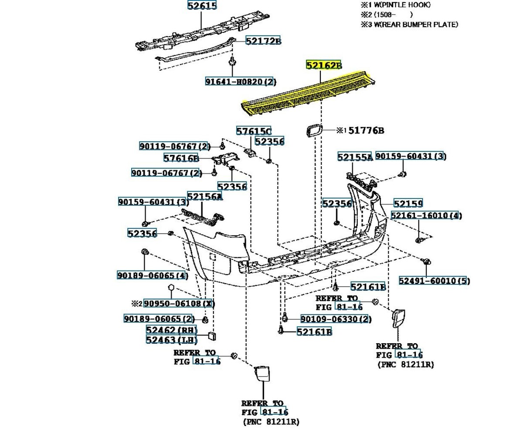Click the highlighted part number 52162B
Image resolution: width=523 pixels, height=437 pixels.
[x=324, y=65]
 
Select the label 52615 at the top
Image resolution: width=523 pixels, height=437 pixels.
[x=202, y=5]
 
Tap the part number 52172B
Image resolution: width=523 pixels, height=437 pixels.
[x=263, y=41]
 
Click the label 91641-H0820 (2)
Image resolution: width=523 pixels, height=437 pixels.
[x=241, y=82]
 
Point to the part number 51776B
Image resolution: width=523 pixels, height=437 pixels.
[x=366, y=130]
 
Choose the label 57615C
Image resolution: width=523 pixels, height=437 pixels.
[x=254, y=131]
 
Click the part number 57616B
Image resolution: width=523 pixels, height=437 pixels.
[x=181, y=158]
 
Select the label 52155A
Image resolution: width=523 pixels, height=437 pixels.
[x=355, y=157]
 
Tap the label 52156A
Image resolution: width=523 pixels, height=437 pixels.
[x=205, y=196]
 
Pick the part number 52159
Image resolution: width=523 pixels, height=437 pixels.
[x=408, y=203]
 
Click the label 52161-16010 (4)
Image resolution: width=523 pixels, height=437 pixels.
[x=426, y=215]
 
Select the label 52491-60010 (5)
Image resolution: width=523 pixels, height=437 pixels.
[x=435, y=280]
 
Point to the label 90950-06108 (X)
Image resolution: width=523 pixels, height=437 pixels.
[x=179, y=304]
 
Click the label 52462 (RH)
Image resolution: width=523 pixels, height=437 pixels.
[x=172, y=330]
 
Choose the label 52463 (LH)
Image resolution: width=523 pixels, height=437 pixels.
[x=172, y=340]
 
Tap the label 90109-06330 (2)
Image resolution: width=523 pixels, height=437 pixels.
[x=336, y=319]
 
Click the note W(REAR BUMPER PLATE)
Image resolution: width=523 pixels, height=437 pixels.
[x=416, y=24]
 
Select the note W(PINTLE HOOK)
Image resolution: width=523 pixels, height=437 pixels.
[x=402, y=5]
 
